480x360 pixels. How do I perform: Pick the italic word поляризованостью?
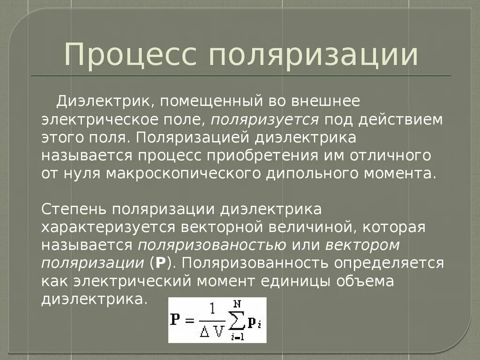click(212, 245)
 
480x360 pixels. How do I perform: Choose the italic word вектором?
click(362, 245)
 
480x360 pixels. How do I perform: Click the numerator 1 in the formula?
click(213, 309)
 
